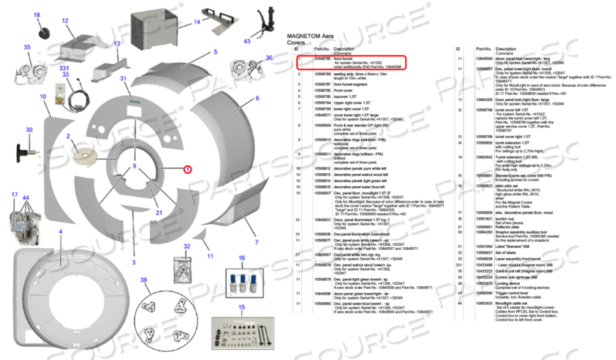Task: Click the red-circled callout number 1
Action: coord(187,170)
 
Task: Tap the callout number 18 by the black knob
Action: coord(36,15)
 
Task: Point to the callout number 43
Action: coord(247,42)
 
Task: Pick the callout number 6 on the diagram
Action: coord(257,99)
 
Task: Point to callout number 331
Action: coord(64,67)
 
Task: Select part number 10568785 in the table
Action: coord(322,58)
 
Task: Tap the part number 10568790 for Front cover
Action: coord(322,90)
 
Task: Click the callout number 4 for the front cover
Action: coord(60,231)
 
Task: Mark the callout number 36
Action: coord(269,58)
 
